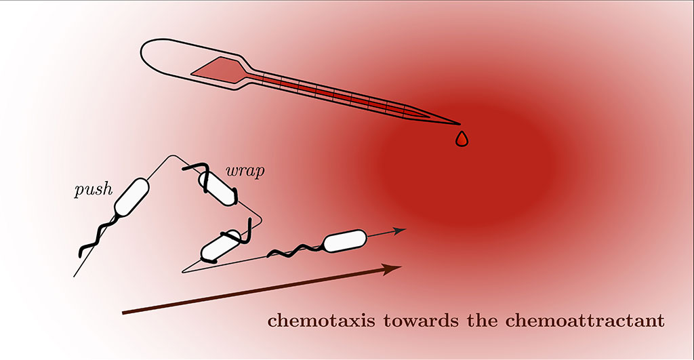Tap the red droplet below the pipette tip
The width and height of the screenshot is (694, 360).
click(462, 138)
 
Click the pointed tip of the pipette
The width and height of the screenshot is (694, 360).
click(458, 124)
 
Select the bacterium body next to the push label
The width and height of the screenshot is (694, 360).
click(131, 197)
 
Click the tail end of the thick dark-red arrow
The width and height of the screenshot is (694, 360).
click(123, 313)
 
